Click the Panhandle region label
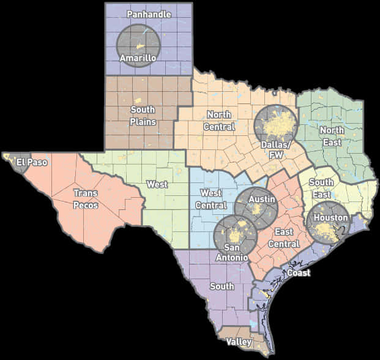tap(149, 13)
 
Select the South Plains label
tap(143, 115)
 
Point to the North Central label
tap(220, 121)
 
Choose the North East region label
tap(331, 136)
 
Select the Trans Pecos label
tap(86, 199)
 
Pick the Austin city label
tap(261, 199)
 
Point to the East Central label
tap(287, 238)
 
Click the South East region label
tap(321, 188)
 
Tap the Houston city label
tap(330, 218)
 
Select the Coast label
tap(299, 272)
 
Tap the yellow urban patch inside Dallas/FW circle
tap(277, 126)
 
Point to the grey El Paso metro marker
tap(13, 160)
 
